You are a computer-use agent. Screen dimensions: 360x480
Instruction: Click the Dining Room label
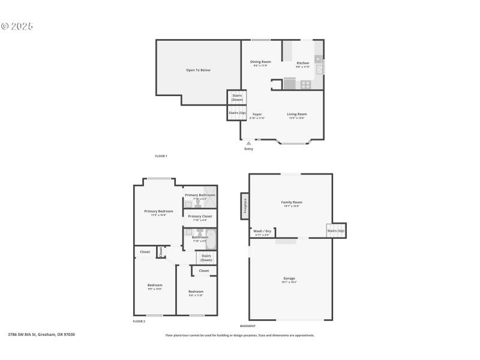tap(260, 62)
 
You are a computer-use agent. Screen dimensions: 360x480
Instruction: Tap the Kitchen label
tap(303, 63)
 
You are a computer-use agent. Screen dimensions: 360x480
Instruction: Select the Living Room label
tap(296, 114)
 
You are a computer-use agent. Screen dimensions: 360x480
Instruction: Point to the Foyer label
tap(257, 114)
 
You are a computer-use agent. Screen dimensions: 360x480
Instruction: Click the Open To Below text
tap(198, 70)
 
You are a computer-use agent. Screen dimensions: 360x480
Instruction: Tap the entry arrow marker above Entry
tap(248, 143)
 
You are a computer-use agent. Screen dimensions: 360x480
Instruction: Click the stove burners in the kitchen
tap(305, 85)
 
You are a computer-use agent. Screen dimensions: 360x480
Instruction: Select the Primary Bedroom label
tap(158, 211)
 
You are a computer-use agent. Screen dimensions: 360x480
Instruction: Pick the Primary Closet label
tap(200, 216)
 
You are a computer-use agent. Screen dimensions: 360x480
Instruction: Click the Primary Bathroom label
tap(200, 195)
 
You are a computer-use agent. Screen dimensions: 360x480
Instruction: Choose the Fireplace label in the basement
tap(245, 206)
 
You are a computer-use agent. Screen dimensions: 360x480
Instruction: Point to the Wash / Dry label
tap(262, 231)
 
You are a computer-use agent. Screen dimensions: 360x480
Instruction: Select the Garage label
tap(289, 278)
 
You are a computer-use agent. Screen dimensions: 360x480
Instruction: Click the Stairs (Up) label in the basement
tap(335, 231)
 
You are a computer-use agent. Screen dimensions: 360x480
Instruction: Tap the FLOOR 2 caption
tap(139, 322)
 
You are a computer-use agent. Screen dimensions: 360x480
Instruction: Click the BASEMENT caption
tap(248, 326)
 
